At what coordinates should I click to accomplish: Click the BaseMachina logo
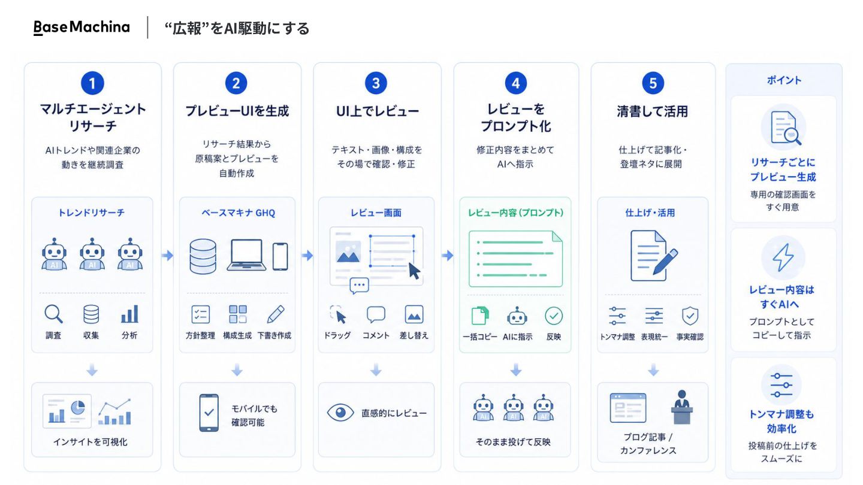point(82,28)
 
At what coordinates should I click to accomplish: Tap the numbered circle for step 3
point(376,83)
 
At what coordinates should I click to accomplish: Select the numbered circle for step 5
point(653,83)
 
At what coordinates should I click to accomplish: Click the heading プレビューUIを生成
point(237,111)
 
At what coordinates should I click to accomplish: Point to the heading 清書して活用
point(652,111)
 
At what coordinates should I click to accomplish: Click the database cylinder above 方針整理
point(203,256)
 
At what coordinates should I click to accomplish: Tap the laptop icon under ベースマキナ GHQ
point(246,255)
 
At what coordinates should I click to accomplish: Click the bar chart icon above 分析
point(129,314)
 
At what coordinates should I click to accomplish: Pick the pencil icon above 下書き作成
point(276,314)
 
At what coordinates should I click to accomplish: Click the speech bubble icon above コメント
point(376,314)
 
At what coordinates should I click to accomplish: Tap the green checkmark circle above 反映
point(554,316)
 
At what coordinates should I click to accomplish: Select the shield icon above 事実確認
point(690,316)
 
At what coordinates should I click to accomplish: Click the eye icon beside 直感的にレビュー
point(340,413)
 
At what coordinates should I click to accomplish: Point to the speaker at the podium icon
point(681,407)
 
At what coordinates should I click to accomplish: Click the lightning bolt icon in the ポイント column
point(783,257)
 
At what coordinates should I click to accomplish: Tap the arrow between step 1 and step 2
point(167,255)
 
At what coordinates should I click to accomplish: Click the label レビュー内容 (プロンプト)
point(515,213)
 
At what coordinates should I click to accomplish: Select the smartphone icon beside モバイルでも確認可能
point(209,413)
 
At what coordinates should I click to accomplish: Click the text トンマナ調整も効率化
point(781,422)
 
